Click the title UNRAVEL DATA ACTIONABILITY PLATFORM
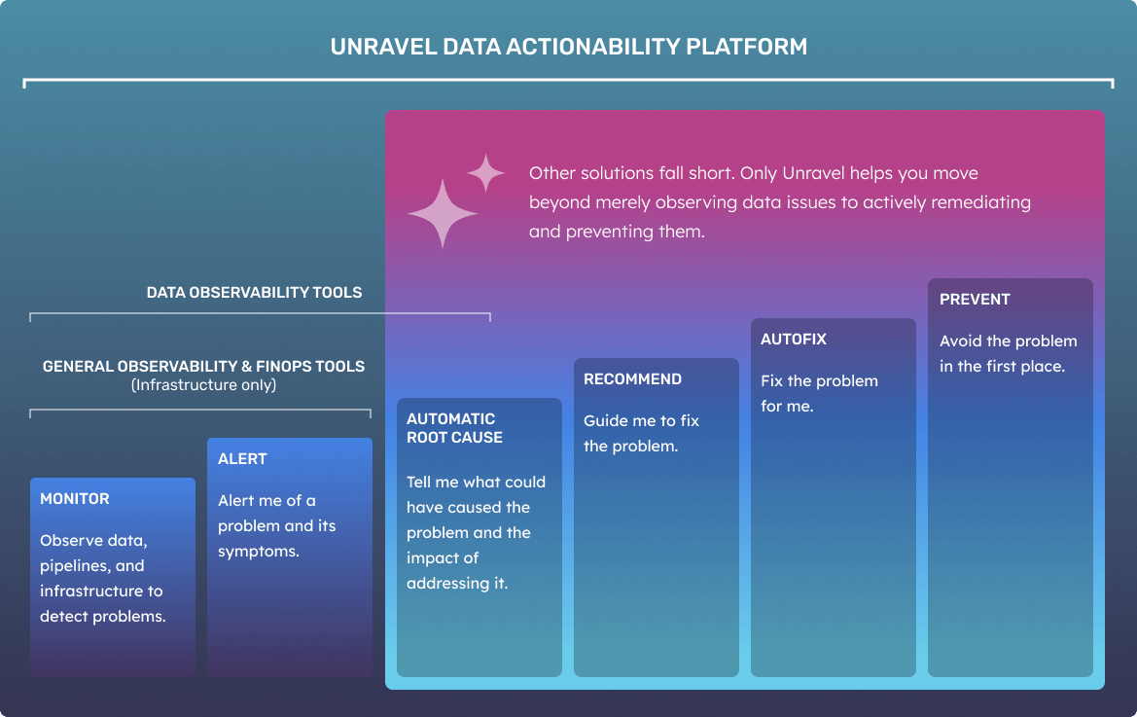(x=568, y=47)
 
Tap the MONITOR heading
(x=75, y=499)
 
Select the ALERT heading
(x=242, y=459)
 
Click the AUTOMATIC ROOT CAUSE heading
(x=454, y=428)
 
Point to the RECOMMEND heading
(x=632, y=379)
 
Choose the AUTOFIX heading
(x=794, y=340)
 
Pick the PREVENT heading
(x=975, y=300)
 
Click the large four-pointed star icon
(x=443, y=213)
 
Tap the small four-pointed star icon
(x=486, y=172)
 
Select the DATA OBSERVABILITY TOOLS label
(x=254, y=293)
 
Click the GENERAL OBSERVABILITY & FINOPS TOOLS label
(x=203, y=366)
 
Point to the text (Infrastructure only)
(x=203, y=385)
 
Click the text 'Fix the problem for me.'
(x=819, y=394)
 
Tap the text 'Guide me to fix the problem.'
(x=642, y=434)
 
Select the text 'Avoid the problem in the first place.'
(x=1009, y=354)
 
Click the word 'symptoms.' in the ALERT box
(x=259, y=552)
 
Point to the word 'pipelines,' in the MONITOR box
(x=92, y=566)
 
